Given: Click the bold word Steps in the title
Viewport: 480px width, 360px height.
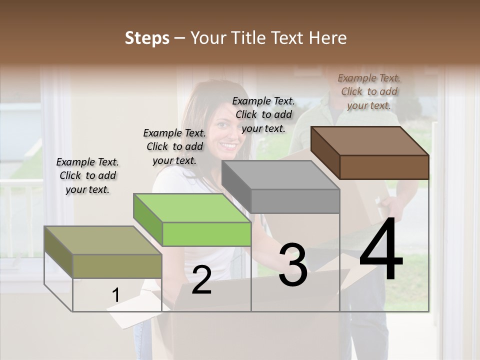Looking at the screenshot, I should (147, 38).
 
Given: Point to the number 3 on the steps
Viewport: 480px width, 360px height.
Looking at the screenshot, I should (292, 264).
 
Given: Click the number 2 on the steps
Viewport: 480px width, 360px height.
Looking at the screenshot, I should (201, 280).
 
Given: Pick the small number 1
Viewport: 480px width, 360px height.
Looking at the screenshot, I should (115, 295).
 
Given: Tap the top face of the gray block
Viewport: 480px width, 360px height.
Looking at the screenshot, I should (280, 175).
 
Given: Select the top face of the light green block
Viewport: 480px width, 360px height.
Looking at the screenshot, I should (192, 208).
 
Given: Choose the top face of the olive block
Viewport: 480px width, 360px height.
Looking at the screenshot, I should (103, 240).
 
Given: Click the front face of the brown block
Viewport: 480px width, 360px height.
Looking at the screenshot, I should (384, 167).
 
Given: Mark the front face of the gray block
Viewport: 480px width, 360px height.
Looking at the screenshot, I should (295, 201).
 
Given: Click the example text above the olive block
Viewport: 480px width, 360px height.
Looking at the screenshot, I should (87, 175).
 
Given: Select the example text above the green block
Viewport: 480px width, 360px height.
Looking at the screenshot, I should (174, 146).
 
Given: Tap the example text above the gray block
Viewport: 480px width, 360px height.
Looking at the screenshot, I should (263, 114).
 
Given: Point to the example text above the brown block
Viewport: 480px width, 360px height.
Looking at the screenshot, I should (369, 91).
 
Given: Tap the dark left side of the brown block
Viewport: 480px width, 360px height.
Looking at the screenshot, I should (325, 152).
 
